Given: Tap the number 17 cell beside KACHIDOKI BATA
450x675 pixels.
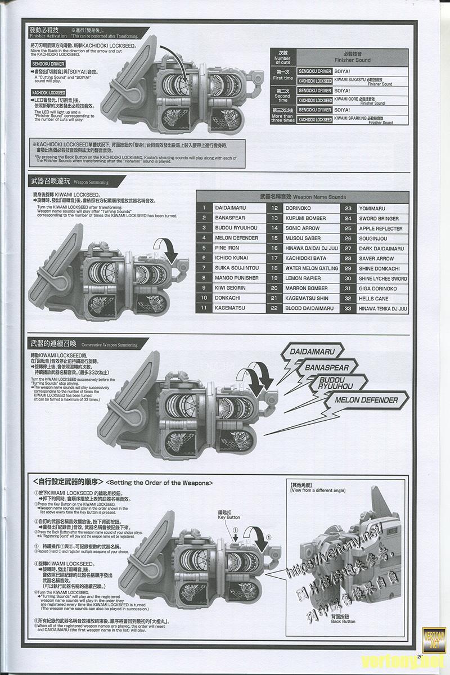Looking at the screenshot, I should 274,258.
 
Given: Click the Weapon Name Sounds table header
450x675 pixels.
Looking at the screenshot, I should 303,197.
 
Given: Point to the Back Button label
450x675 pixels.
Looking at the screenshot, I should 343,618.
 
